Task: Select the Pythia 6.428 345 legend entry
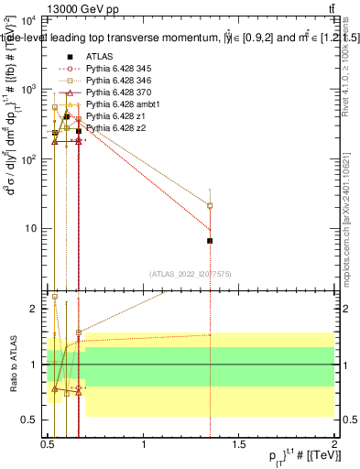[x=113, y=68]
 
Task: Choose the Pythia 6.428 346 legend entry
[x=113, y=80]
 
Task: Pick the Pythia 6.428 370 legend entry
[x=113, y=92]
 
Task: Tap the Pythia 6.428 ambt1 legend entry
[x=115, y=104]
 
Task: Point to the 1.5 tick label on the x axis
[x=239, y=443]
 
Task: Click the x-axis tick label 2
[x=333, y=443]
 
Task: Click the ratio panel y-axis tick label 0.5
[x=31, y=420]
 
